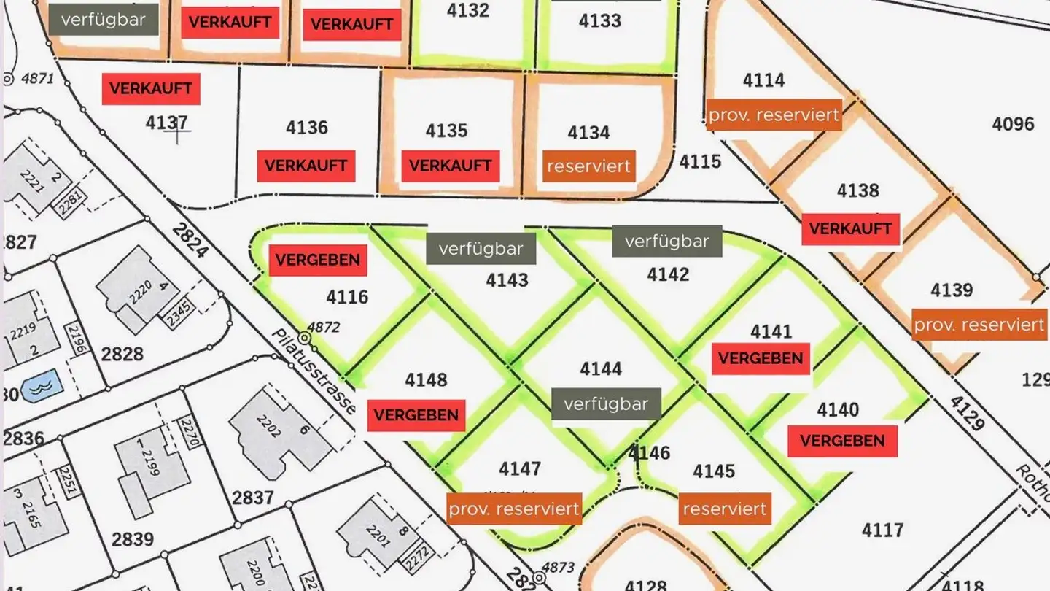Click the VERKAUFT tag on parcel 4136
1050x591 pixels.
click(306, 166)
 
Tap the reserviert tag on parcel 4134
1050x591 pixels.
click(588, 166)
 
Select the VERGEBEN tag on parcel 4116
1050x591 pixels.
click(317, 260)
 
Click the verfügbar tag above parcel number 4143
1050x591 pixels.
click(481, 249)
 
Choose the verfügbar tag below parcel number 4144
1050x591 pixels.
click(605, 403)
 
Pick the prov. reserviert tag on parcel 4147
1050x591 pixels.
click(514, 509)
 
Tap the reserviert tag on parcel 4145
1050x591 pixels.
click(725, 509)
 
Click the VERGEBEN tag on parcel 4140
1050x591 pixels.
click(841, 441)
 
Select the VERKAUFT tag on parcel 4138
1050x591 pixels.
click(850, 229)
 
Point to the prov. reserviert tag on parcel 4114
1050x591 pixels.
click(774, 115)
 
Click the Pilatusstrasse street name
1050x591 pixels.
click(314, 371)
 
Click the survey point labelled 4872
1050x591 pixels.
click(304, 339)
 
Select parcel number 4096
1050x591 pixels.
click(1012, 124)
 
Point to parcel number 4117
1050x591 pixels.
click(882, 530)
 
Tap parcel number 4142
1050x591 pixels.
click(667, 274)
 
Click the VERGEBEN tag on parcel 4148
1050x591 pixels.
click(416, 415)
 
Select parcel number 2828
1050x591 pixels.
click(122, 355)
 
